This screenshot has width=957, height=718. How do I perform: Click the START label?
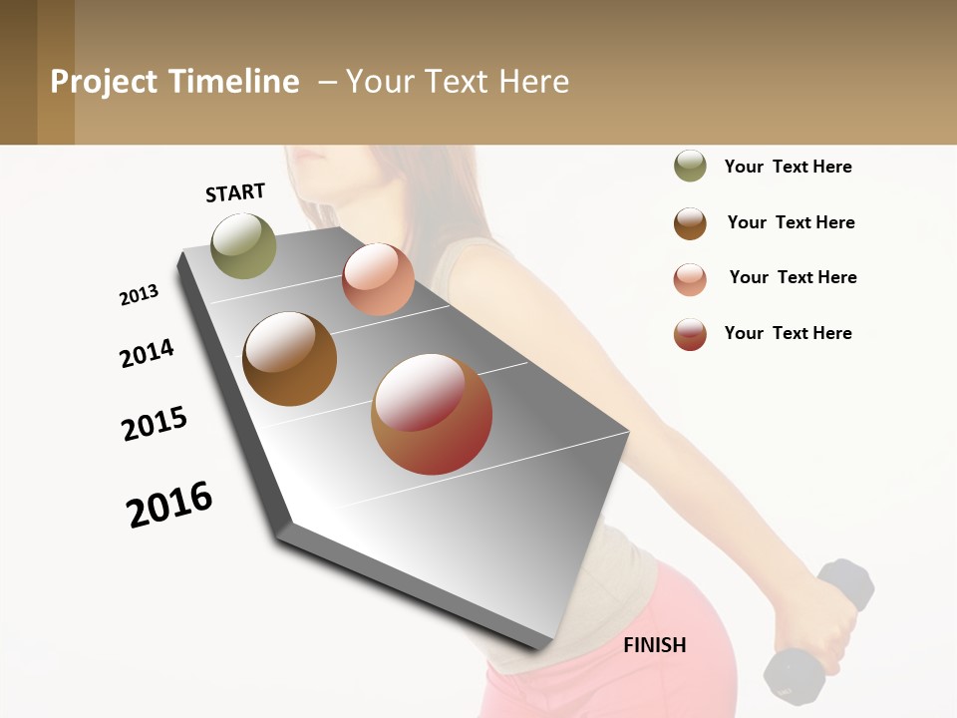(x=235, y=192)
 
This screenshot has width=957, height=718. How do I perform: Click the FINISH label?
(x=654, y=645)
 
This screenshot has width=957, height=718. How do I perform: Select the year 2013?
(x=139, y=295)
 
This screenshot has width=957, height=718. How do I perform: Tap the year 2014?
(x=147, y=353)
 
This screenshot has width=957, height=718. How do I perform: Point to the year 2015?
(x=155, y=424)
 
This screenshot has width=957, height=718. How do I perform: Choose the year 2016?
(x=169, y=504)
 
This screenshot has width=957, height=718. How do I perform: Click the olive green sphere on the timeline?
(x=243, y=245)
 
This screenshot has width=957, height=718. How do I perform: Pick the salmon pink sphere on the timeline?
(x=378, y=279)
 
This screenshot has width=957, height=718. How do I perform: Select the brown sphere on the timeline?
(x=289, y=359)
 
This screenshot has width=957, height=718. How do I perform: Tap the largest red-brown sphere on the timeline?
(x=432, y=414)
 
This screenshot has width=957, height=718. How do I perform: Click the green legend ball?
(x=690, y=166)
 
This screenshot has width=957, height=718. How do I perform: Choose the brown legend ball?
(x=690, y=222)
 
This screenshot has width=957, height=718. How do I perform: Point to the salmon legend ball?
(x=690, y=278)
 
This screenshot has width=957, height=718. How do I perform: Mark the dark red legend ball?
(x=690, y=334)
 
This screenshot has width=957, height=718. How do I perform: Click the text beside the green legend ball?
(x=788, y=167)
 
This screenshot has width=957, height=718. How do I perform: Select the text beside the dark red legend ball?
(x=788, y=333)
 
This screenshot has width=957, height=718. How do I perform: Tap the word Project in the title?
(x=104, y=82)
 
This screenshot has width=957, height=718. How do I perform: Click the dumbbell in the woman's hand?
(x=817, y=628)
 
